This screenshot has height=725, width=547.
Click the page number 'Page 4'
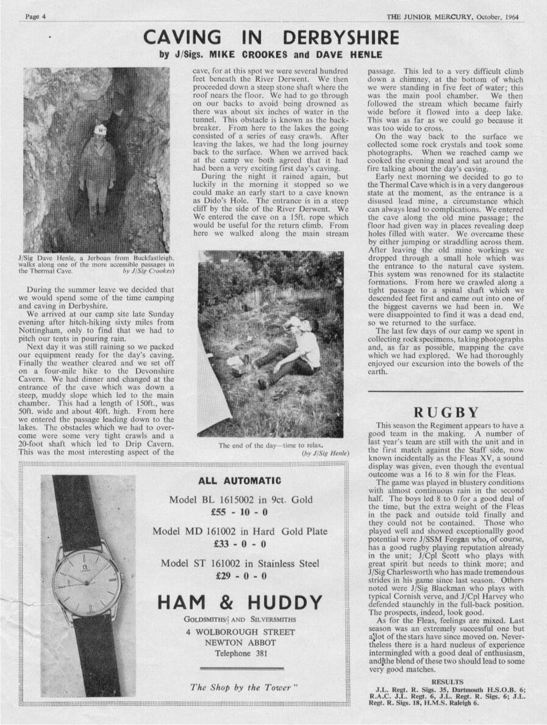click(36, 16)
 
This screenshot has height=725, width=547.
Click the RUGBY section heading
click(446, 412)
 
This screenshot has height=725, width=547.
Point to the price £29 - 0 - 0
click(240, 575)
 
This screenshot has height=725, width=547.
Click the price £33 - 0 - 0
click(240, 544)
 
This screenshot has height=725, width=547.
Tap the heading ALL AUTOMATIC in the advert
click(240, 480)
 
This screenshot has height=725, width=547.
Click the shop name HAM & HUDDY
click(240, 603)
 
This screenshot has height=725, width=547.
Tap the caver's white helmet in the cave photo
click(99, 129)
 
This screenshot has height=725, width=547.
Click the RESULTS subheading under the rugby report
click(447, 682)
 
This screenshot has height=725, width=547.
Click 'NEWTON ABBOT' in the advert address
click(240, 643)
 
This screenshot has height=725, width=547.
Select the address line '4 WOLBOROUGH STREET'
click(240, 632)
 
